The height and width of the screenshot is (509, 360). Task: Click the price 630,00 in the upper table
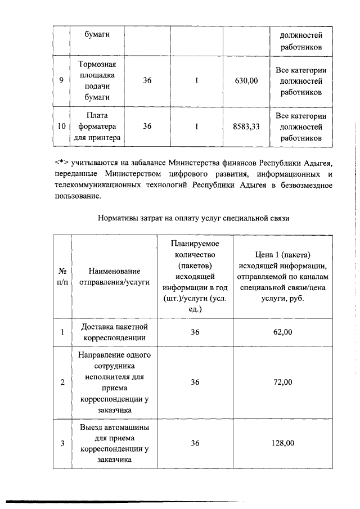[x=246, y=80]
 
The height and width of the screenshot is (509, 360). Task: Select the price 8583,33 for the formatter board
[x=246, y=127]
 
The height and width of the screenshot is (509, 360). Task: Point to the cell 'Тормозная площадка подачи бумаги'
[x=97, y=80]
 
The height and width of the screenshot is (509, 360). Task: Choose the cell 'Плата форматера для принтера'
[x=97, y=127]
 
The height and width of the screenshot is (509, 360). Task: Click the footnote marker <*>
[x=62, y=163]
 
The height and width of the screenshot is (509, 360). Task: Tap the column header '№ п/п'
[x=62, y=276]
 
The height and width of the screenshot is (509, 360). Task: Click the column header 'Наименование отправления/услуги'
[x=114, y=276]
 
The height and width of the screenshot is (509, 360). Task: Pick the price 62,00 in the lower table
[x=282, y=332]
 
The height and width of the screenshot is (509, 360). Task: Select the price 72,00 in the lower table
[x=282, y=382]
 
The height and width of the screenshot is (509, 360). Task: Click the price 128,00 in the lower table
[x=282, y=443]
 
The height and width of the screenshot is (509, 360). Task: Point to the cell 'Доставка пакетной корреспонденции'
[x=114, y=332]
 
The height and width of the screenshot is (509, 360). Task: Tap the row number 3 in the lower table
[x=62, y=443]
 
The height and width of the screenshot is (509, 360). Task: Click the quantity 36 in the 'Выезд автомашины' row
[x=195, y=443]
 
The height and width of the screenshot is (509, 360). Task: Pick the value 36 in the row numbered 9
[x=147, y=80]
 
